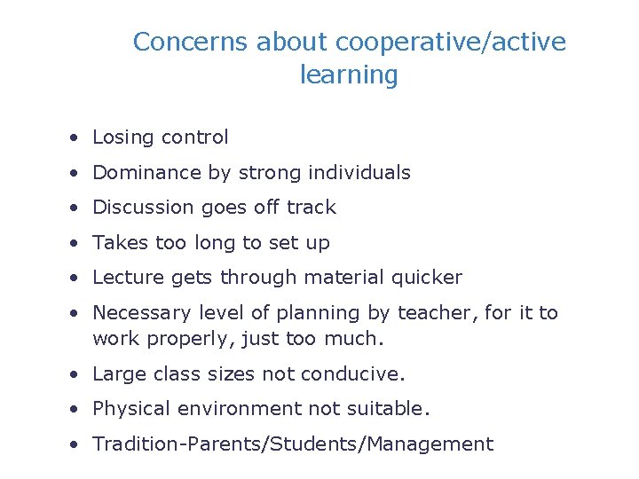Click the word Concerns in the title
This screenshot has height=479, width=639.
point(190,42)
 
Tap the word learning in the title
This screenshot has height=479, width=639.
point(349,75)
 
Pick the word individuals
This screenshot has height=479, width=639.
point(363,173)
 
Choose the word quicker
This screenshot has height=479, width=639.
point(430,278)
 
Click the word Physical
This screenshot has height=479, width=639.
point(130,409)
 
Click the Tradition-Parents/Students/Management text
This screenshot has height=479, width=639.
point(293,444)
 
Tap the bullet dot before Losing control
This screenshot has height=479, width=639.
point(78,138)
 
